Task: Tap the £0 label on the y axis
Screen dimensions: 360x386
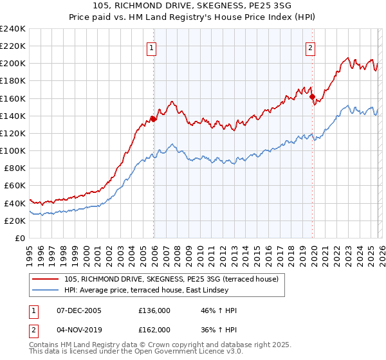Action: pyautogui.click(x=20, y=238)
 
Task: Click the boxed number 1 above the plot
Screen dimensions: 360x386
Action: pyautogui.click(x=151, y=46)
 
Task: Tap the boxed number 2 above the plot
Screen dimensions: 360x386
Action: pyautogui.click(x=310, y=46)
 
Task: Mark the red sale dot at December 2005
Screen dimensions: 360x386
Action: pyautogui.click(x=153, y=119)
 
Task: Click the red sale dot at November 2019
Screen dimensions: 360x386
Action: pyautogui.click(x=313, y=97)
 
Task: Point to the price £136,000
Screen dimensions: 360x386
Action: pyautogui.click(x=154, y=310)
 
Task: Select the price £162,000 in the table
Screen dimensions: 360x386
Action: pyautogui.click(x=154, y=329)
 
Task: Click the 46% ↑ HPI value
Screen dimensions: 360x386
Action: pyautogui.click(x=219, y=310)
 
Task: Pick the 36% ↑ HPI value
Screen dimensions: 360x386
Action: pyautogui.click(x=219, y=329)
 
